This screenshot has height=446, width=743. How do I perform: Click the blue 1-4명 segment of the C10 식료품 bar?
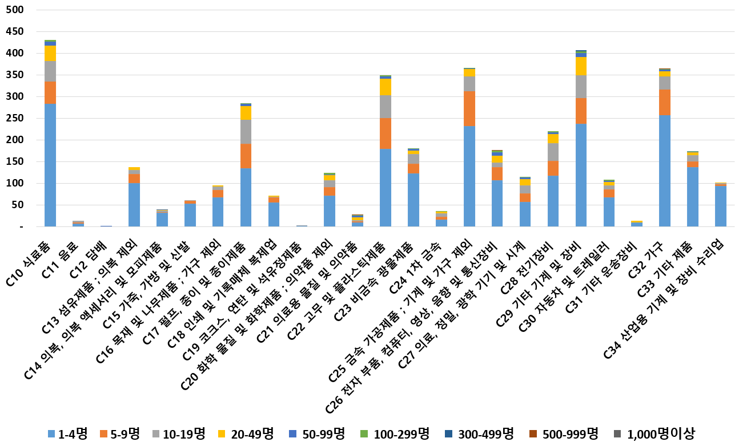coord(50,165)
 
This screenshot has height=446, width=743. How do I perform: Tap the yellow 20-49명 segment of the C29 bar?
coord(581,66)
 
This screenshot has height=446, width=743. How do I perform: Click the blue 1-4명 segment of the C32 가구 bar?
coord(665,171)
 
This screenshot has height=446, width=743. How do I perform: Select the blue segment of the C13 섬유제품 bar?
coord(134,205)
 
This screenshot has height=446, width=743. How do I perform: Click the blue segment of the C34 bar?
coord(721,206)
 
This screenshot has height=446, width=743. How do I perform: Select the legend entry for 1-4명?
coord(68,433)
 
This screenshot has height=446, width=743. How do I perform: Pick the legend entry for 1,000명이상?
coord(654,433)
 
